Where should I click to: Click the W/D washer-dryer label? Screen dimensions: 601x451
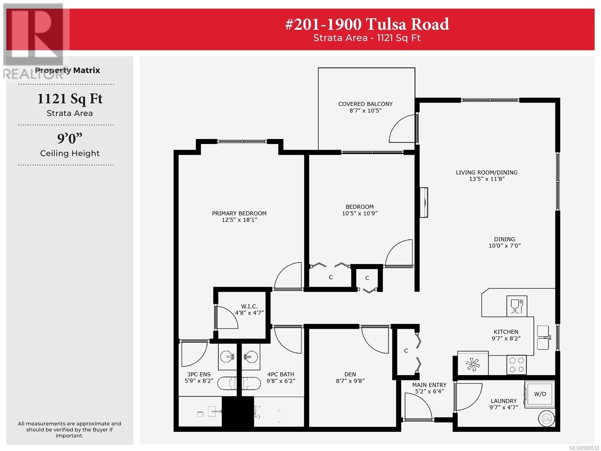540,394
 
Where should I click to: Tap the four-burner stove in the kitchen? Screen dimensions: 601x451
516,365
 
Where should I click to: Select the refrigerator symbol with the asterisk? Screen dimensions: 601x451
473,363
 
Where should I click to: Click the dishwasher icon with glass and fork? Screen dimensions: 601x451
516,306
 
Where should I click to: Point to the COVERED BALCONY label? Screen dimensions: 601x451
365,104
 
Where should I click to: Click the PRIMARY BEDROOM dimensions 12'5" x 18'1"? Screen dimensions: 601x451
239,220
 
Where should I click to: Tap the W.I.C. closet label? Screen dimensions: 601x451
249,306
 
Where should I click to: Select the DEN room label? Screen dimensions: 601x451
350,374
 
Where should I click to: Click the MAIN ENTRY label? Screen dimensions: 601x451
429,385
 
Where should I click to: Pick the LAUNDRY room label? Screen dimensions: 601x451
504,401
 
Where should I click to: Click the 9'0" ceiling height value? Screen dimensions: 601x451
70,139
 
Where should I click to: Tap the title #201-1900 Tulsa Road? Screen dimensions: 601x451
367,24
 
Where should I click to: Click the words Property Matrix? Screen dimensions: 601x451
67,70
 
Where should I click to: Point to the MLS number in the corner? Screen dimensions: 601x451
584,448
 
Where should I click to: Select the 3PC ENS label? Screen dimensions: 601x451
199,374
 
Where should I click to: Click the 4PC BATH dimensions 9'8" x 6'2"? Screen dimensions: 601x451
281,381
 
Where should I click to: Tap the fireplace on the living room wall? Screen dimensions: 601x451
424,202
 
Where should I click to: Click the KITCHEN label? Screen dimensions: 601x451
506,332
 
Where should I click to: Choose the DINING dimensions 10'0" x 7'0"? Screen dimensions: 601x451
504,246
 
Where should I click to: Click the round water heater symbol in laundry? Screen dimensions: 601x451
546,419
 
